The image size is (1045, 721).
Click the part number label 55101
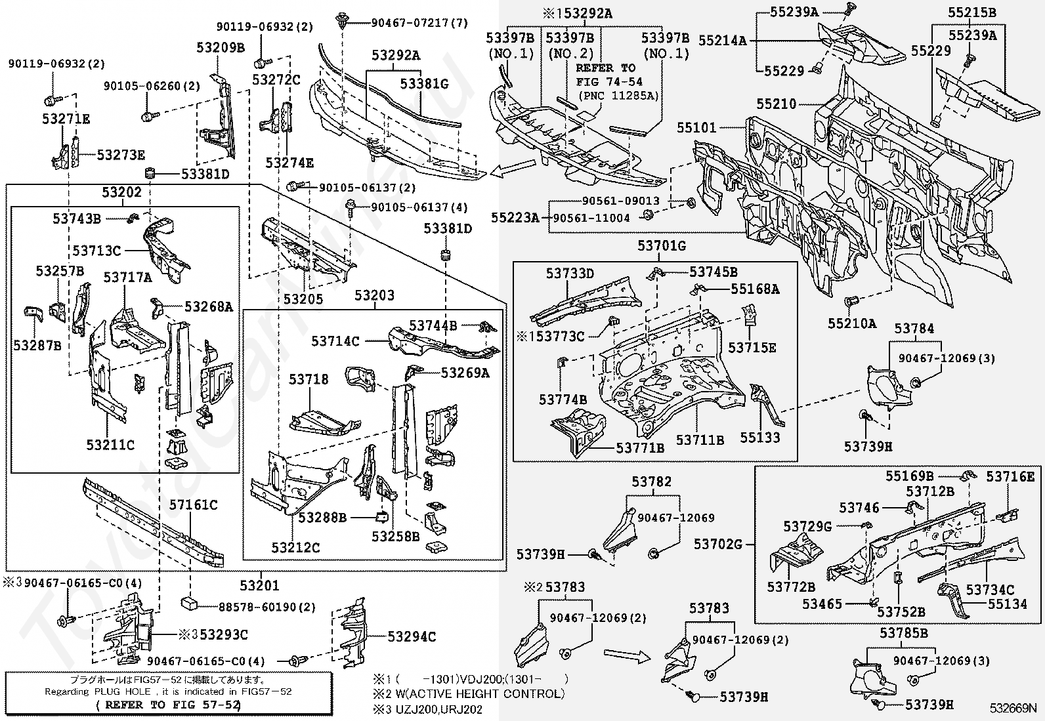697,129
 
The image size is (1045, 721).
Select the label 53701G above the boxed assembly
662,246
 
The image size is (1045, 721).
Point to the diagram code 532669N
1013,709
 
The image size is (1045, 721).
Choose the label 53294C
412,636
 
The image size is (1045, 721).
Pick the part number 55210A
851,323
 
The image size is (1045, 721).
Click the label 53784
914,329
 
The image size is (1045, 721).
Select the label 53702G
718,544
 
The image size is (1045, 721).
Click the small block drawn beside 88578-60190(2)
190,604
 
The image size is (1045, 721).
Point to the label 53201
259,585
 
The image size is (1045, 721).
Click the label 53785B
904,633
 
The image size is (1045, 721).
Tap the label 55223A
514,217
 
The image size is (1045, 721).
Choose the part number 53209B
221,47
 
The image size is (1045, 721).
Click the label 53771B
640,447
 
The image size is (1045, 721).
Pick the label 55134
1007,604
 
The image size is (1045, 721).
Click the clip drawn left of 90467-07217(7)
341,22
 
